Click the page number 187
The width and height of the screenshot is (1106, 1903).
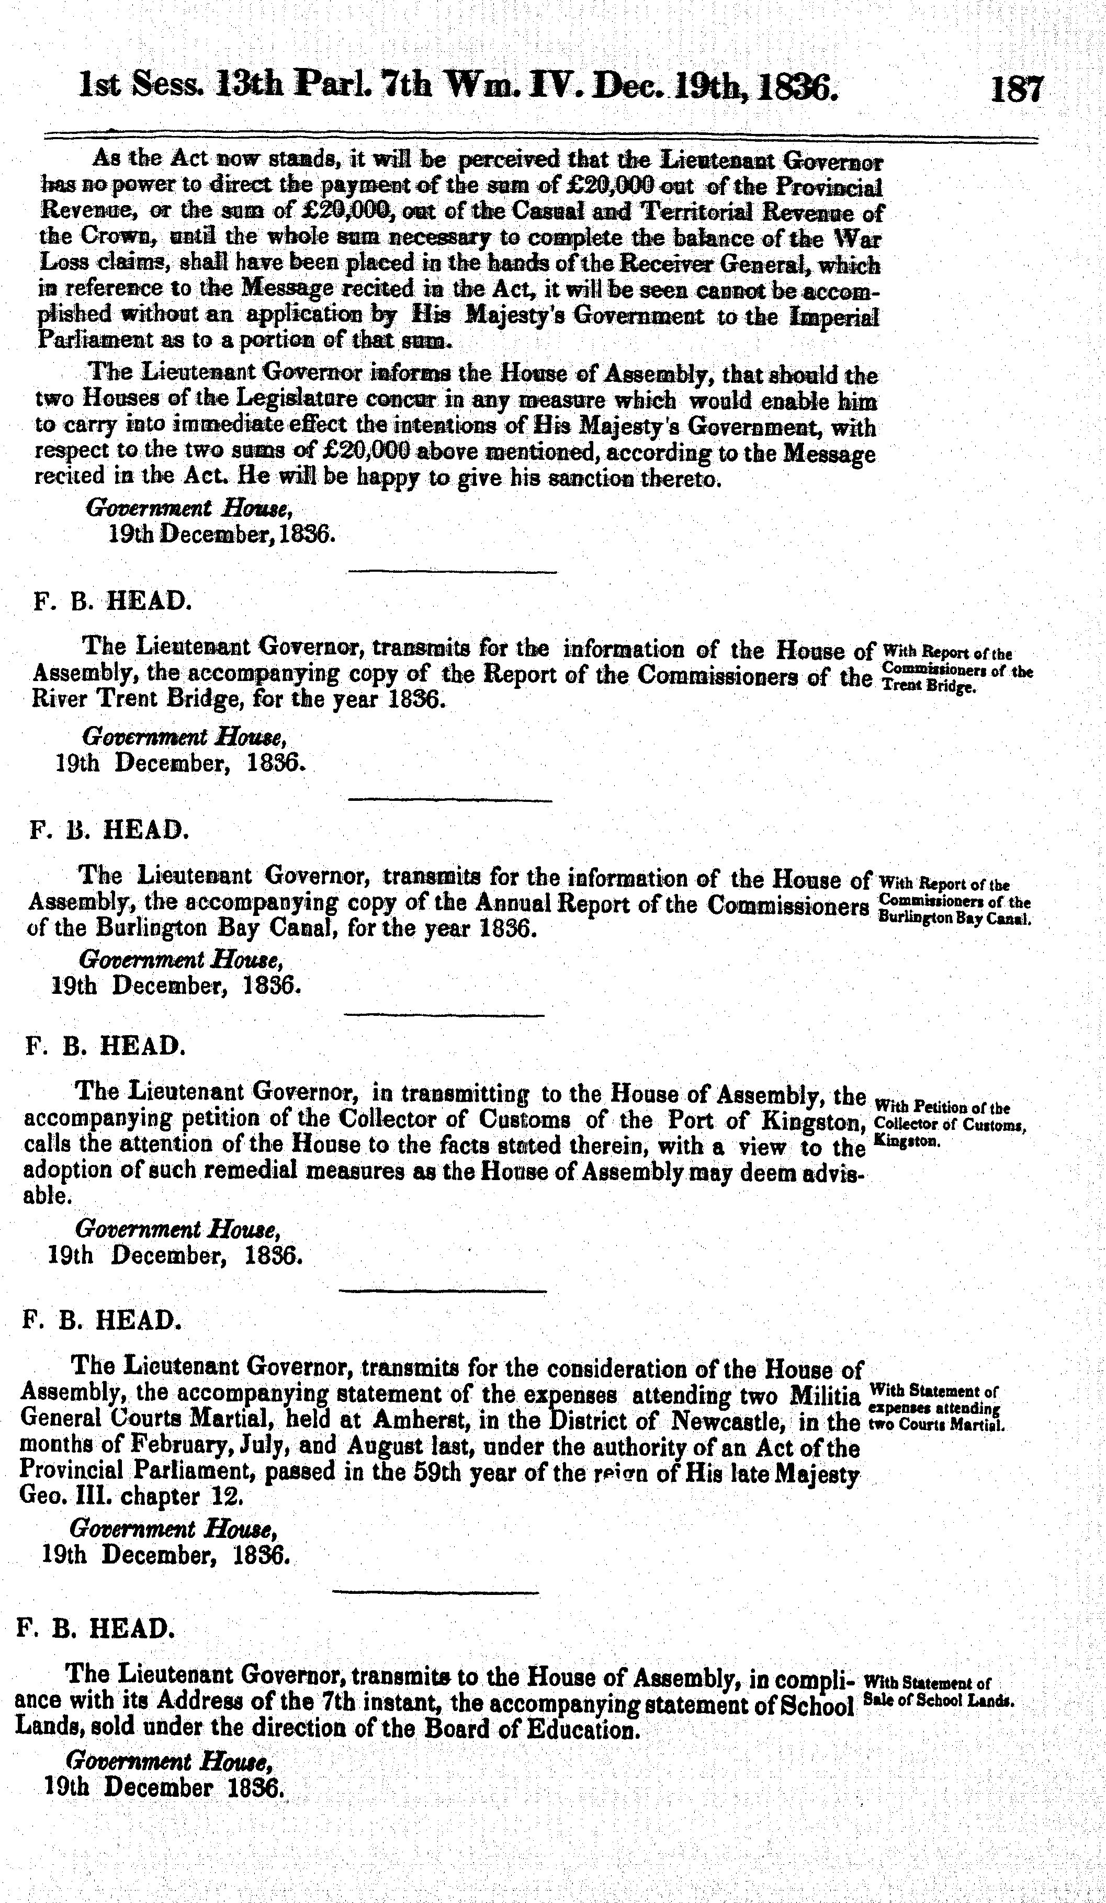point(1017,89)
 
